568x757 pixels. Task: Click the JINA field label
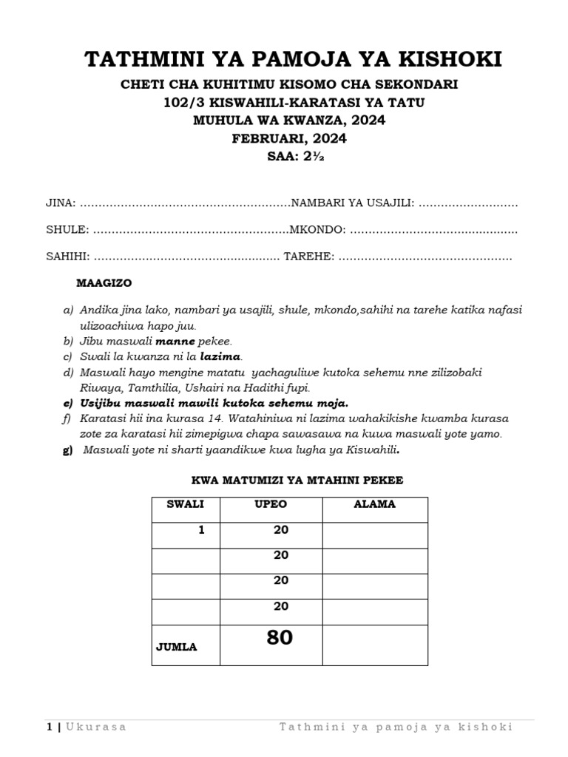(x=60, y=203)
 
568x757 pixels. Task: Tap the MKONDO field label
(x=317, y=230)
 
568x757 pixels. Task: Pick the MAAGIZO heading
(x=104, y=283)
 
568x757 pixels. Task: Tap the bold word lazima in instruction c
(x=221, y=357)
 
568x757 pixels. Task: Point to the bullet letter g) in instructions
(x=67, y=450)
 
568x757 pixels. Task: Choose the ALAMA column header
(x=375, y=504)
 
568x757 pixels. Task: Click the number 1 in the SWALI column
(x=200, y=530)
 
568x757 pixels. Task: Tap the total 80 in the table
(x=280, y=637)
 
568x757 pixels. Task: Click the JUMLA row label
(x=176, y=647)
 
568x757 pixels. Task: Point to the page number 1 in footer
(x=50, y=727)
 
